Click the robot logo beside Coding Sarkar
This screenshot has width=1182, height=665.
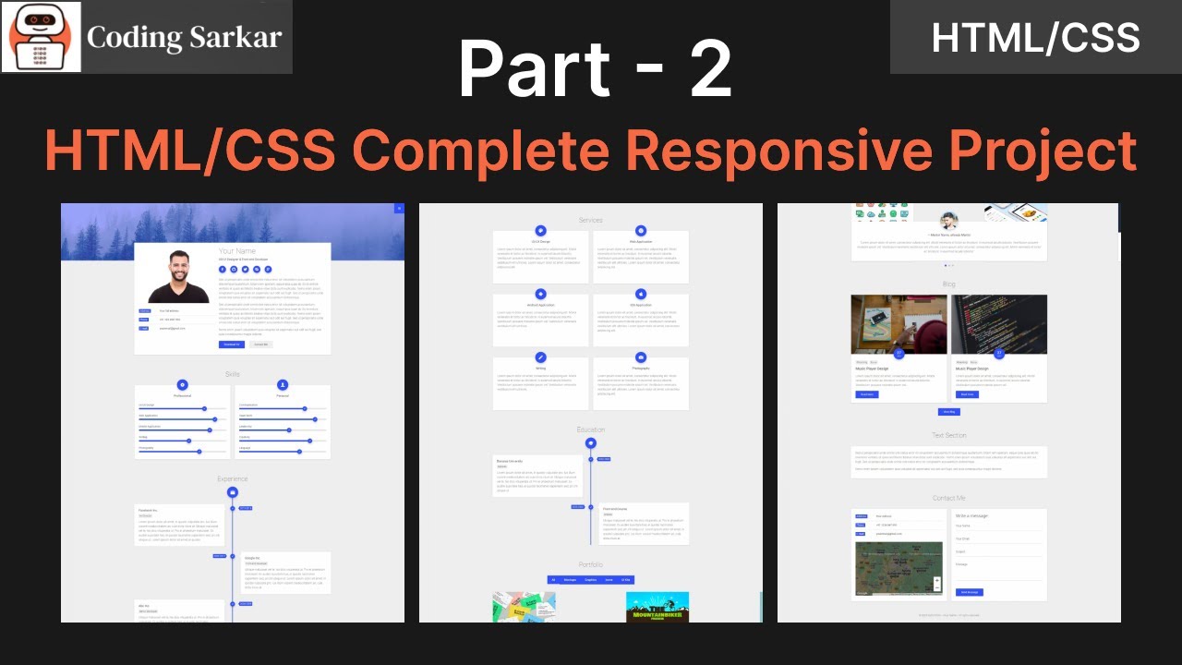coord(42,37)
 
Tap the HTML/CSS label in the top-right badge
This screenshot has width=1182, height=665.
coord(1035,38)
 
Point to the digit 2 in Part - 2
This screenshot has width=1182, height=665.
coord(709,70)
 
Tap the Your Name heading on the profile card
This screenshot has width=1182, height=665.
coord(237,251)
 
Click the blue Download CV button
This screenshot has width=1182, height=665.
coord(231,345)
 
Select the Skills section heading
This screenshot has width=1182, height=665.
coord(233,374)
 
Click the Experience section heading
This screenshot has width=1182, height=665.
coord(233,479)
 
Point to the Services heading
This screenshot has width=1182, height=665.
coord(591,220)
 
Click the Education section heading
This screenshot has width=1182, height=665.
coord(591,429)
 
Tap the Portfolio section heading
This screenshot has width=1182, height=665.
coord(591,564)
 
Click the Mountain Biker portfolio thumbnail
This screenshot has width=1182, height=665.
coord(657,607)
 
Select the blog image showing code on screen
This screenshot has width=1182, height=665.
coord(999,323)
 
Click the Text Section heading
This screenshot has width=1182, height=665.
coord(949,435)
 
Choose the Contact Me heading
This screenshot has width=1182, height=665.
coord(949,498)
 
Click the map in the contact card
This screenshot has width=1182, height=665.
coord(899,568)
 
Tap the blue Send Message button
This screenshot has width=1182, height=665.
coord(969,592)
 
